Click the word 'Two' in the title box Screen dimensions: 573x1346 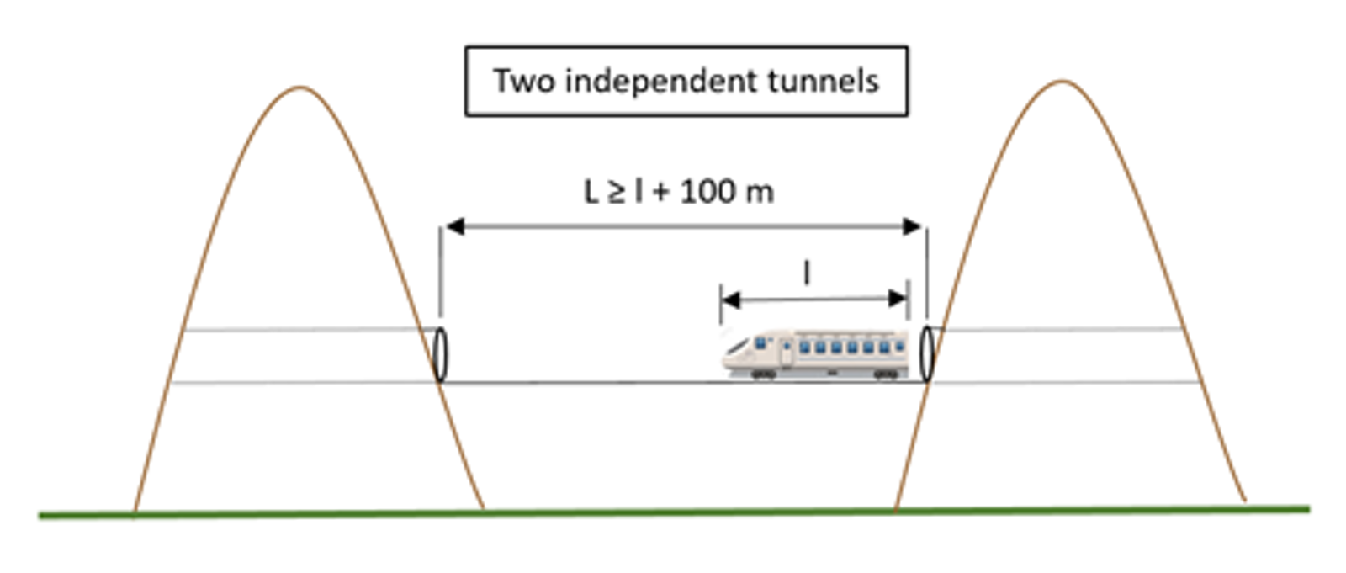(x=525, y=82)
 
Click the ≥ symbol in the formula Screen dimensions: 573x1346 (x=617, y=193)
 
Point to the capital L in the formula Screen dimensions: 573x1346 (x=591, y=193)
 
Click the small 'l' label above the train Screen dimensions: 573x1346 (x=807, y=273)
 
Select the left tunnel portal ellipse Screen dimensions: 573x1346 (x=440, y=354)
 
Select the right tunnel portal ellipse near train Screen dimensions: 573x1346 (x=926, y=354)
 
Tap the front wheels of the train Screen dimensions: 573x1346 (x=762, y=374)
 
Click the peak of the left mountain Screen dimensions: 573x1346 (x=300, y=88)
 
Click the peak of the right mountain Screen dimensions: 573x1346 (x=1062, y=82)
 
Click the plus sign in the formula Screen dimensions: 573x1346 (x=661, y=193)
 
